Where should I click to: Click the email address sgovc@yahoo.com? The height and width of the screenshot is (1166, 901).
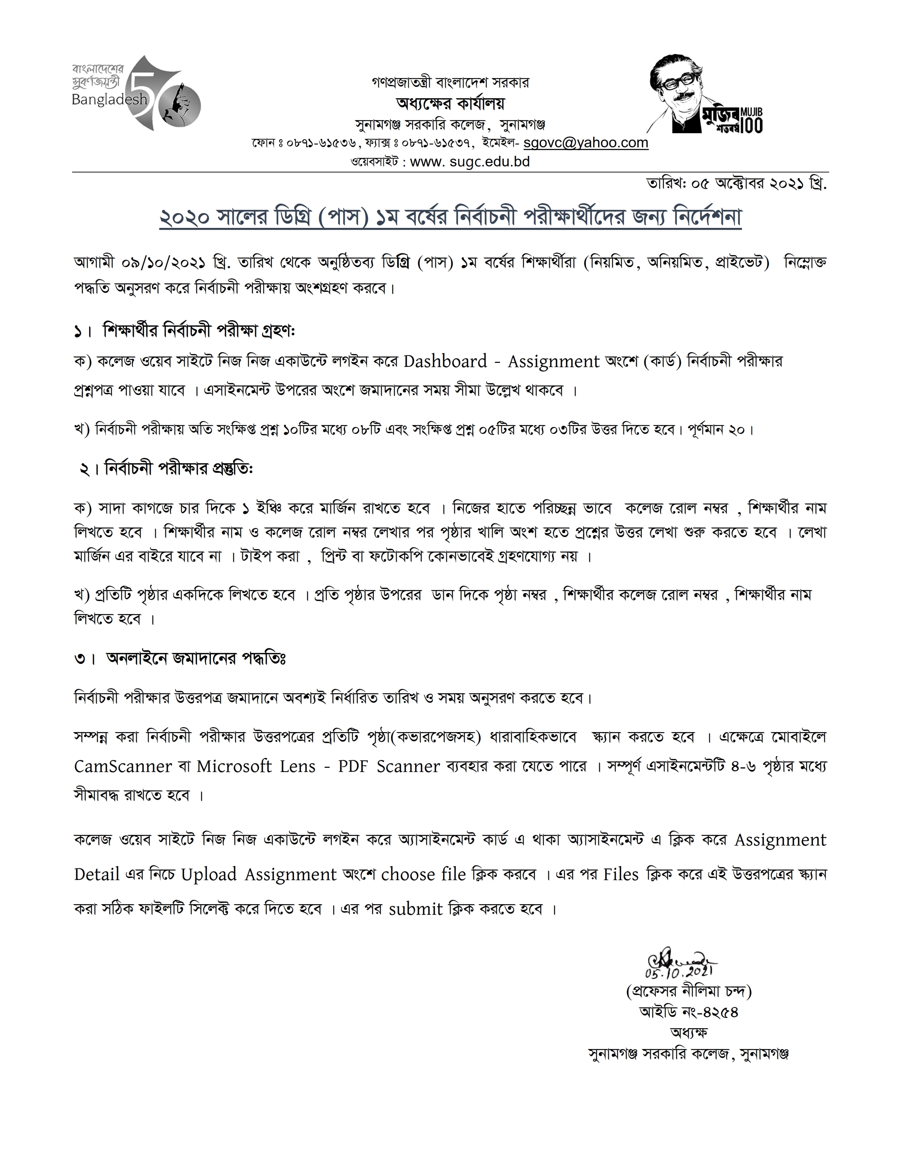tap(585, 143)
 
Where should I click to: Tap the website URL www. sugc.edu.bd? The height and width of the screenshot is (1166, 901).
tap(470, 162)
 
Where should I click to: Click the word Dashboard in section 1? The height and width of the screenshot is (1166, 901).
tap(445, 361)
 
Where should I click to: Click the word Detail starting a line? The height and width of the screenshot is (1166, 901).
tap(96, 874)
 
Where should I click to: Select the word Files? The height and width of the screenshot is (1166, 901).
tap(621, 874)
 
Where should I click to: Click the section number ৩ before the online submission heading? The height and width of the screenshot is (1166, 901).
tap(80, 659)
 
